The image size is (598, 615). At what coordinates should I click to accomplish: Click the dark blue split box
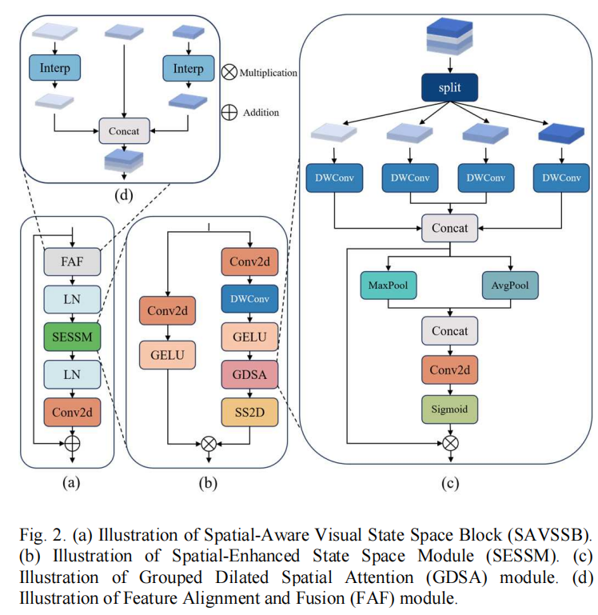point(449,87)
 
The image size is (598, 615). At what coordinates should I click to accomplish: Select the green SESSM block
point(72,337)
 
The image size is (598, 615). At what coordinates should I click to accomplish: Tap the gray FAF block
point(72,262)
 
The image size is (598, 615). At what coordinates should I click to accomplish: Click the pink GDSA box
point(249,374)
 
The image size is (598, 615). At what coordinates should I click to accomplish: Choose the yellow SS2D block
point(249,412)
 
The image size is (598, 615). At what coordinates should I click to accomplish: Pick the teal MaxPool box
point(389,286)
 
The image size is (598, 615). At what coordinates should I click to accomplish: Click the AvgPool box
point(510,286)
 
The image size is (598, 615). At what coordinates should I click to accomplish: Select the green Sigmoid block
point(450,409)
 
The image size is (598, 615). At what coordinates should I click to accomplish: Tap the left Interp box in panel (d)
point(55,68)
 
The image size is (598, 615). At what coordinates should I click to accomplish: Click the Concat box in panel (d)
point(124,131)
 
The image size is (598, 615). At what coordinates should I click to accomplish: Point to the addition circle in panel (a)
point(72,444)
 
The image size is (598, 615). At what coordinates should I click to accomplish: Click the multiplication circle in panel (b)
point(209,444)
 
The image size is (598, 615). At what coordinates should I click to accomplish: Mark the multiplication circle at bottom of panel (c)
point(450,444)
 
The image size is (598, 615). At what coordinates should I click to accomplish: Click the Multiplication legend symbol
point(229,72)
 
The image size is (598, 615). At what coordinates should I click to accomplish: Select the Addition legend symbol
point(229,113)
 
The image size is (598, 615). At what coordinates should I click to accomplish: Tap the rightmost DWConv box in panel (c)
point(561,178)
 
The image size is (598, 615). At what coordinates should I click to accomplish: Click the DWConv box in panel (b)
point(249,299)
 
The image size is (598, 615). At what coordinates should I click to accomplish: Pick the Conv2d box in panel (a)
point(72,412)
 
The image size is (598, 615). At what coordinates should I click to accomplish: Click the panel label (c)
point(450,483)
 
